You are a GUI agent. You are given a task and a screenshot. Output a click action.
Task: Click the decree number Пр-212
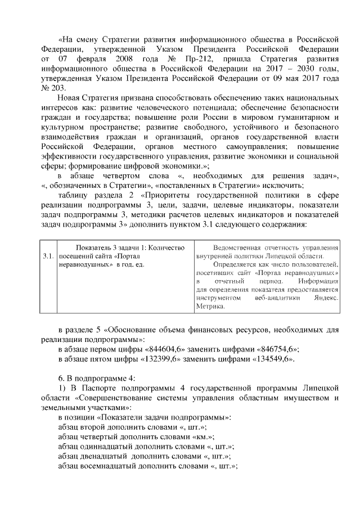coord(215,59)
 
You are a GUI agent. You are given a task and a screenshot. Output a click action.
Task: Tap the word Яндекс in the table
coord(326,298)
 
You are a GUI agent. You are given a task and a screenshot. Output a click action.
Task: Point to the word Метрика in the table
coord(211,307)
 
